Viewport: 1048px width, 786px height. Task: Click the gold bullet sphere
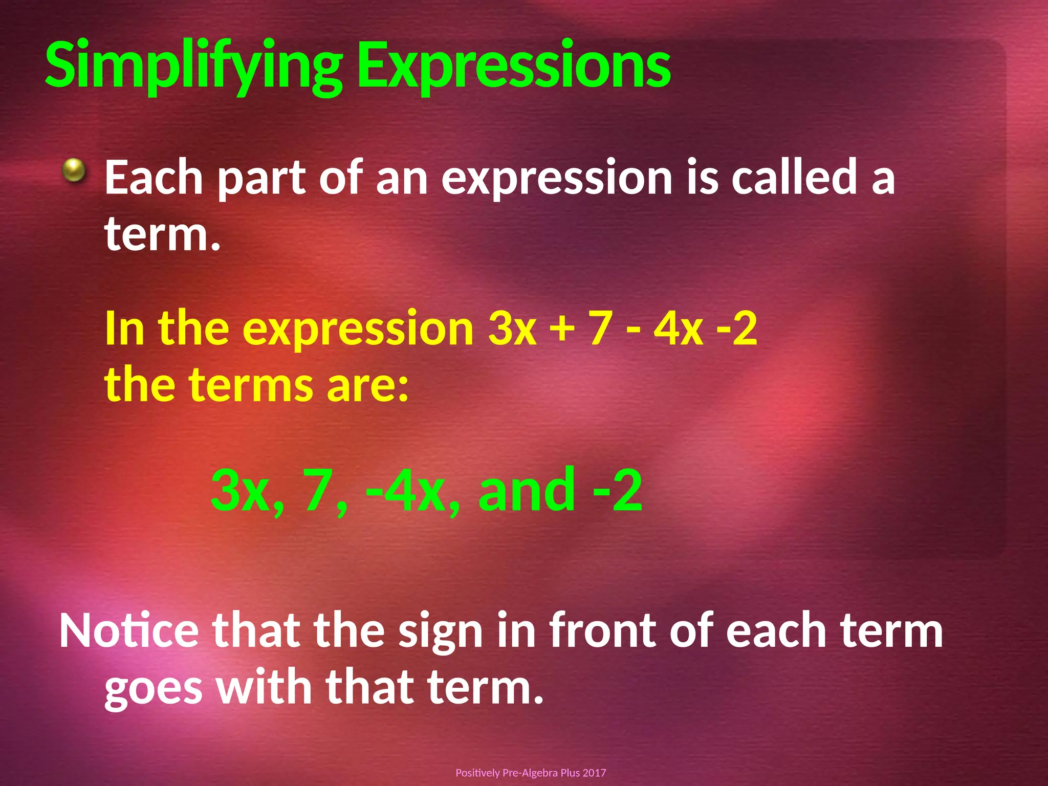click(x=74, y=170)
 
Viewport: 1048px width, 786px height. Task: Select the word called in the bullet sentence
click(x=794, y=177)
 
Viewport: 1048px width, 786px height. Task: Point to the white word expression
click(x=556, y=178)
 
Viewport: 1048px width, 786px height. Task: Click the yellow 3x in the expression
click(x=512, y=329)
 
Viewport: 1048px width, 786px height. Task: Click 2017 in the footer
click(x=594, y=773)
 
